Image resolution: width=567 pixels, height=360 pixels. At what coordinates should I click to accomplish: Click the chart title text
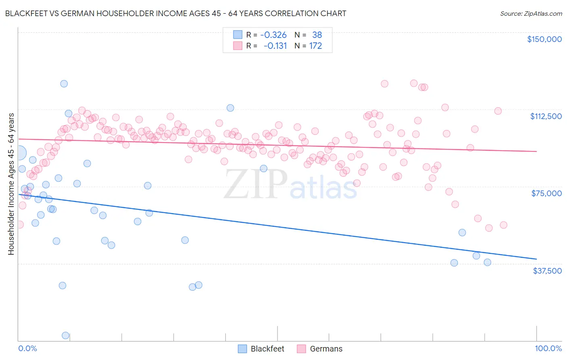[175, 13]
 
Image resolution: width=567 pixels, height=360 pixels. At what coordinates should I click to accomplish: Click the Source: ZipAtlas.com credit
[531, 13]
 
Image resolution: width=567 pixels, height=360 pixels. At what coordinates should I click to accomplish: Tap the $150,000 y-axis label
[544, 39]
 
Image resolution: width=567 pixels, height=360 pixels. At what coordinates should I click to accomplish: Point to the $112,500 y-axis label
[546, 116]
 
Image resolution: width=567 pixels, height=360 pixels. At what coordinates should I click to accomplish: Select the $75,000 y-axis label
[546, 193]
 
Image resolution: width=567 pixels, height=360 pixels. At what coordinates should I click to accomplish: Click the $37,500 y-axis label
[547, 271]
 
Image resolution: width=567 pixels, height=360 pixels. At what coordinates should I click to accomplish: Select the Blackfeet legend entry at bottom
[261, 349]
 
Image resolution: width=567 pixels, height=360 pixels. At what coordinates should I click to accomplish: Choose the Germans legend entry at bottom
[320, 349]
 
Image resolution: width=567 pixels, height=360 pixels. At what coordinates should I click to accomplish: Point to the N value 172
[315, 46]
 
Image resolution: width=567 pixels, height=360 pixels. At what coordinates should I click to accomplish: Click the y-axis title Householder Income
[11, 184]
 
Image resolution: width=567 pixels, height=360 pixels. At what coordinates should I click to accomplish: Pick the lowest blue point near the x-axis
[65, 335]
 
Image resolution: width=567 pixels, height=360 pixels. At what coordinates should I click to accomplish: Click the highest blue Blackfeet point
[64, 84]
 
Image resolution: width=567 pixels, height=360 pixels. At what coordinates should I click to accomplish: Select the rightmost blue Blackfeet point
[487, 262]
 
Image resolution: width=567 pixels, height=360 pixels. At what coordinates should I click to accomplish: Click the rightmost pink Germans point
[503, 225]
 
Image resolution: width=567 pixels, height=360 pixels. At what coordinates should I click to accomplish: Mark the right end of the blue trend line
[536, 259]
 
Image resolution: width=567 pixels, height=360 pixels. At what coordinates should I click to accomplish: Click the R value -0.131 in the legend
[275, 46]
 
